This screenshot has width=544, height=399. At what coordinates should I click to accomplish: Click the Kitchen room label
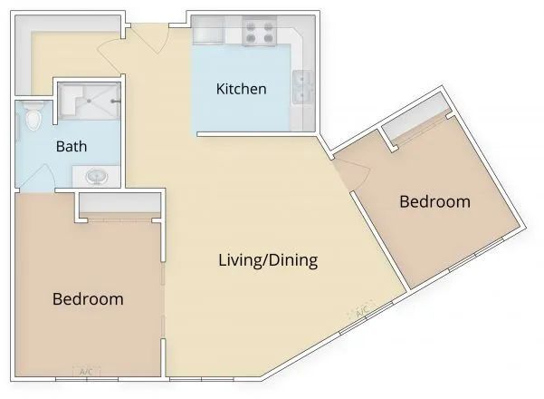(x=241, y=89)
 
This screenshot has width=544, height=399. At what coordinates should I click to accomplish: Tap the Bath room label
(x=72, y=146)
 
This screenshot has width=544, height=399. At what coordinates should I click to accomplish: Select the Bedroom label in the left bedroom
(x=88, y=298)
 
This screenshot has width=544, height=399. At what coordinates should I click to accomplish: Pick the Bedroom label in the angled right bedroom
(x=435, y=201)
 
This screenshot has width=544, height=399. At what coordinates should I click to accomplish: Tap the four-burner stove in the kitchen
(x=260, y=34)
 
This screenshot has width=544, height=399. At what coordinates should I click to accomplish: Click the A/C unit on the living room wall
(x=361, y=314)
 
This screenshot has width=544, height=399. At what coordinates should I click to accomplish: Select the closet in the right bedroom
(x=416, y=123)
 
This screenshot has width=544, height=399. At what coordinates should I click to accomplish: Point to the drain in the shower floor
(x=88, y=102)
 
